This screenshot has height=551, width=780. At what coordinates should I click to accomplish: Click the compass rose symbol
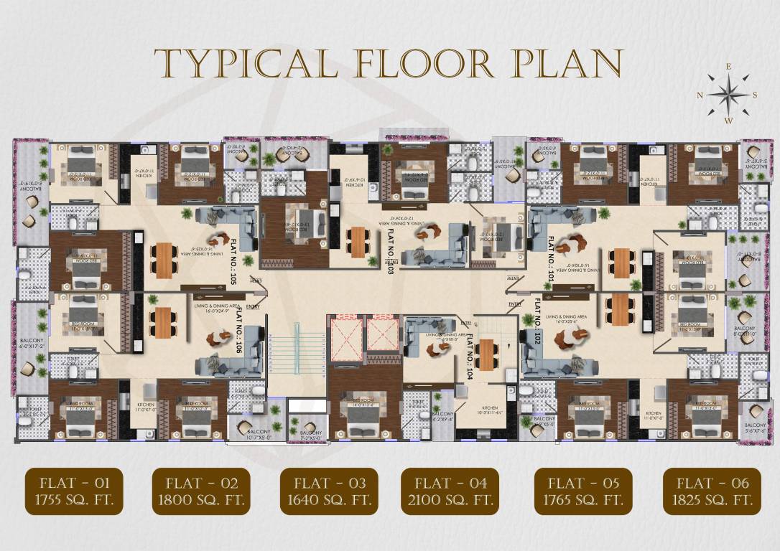(728, 95)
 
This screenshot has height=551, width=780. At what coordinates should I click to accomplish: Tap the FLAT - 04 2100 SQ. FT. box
(450, 491)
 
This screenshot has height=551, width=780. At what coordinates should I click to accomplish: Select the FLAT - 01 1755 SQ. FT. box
(74, 491)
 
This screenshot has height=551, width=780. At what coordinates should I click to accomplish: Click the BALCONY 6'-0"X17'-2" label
(29, 341)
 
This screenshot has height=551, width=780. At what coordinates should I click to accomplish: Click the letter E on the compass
(728, 67)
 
